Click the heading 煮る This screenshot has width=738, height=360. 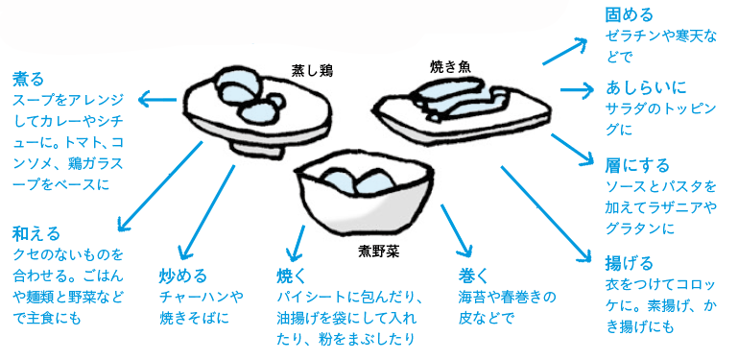[28, 79]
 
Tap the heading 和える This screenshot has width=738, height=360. [36, 233]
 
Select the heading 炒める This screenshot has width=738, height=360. [183, 276]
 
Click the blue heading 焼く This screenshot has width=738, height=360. [292, 276]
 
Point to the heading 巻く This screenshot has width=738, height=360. [474, 276]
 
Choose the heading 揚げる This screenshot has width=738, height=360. [629, 263]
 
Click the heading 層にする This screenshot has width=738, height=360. [637, 166]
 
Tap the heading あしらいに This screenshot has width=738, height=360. [645, 87]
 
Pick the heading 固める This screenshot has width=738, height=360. [629, 15]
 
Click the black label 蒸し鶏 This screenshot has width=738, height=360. [313, 70]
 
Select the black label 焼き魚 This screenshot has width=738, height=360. [450, 67]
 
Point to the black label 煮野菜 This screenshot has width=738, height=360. [378, 252]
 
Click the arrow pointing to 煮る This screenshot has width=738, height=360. [157, 99]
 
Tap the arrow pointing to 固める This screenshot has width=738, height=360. [565, 50]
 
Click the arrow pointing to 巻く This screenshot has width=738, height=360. [456, 229]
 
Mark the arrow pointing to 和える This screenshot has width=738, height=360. [160, 186]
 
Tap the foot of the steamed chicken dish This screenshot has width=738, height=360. [256, 149]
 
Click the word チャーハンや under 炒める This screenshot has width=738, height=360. [201, 297]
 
